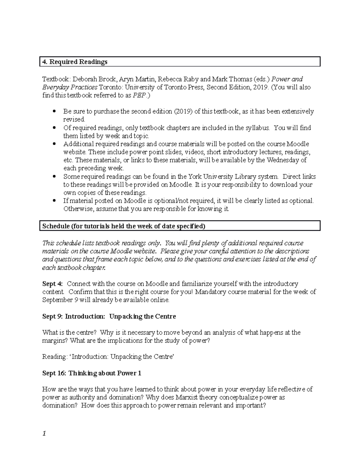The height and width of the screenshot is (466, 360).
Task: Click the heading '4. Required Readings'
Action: [x=75, y=62]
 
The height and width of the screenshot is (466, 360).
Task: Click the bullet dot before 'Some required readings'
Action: [x=54, y=176]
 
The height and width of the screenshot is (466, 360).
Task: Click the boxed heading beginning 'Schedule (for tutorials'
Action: [x=124, y=226]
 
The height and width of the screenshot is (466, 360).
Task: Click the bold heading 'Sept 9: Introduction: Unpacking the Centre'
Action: [x=109, y=316]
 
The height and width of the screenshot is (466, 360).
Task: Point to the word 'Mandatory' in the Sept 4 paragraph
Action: [x=210, y=292]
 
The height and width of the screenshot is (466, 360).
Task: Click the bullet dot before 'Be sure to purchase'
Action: [x=54, y=112]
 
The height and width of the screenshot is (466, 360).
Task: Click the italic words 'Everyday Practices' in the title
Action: [x=70, y=87]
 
